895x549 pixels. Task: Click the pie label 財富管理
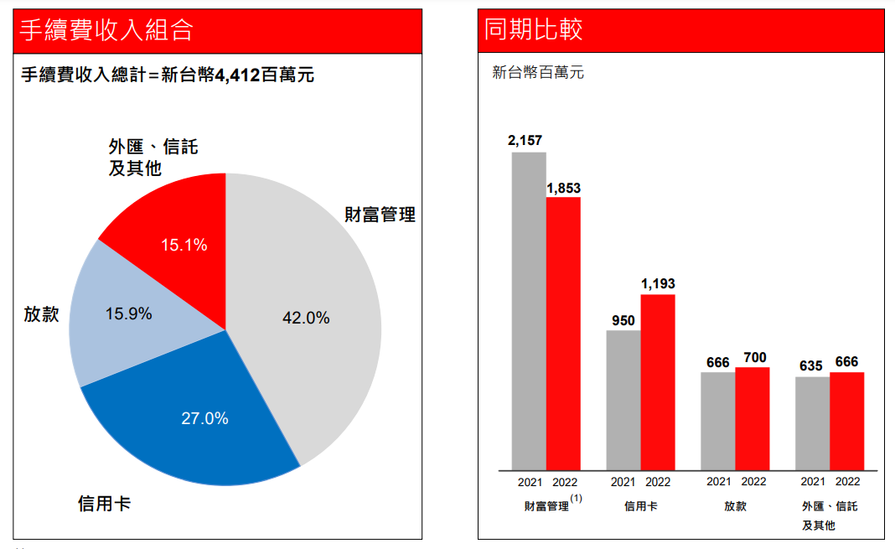coord(380,215)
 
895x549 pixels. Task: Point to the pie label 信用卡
coord(104,504)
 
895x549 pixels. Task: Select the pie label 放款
coord(41,314)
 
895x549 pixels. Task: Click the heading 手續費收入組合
coord(107,31)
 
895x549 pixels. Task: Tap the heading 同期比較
coord(534,31)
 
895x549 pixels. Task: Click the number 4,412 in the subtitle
coord(237,75)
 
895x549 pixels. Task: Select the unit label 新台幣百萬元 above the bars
coord(538,73)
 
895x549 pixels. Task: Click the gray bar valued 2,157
coord(529,310)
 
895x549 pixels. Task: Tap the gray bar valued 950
coord(623,400)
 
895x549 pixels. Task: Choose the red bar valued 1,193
coord(658,382)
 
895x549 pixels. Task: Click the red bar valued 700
coord(752,418)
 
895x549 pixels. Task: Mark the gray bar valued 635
coord(812,423)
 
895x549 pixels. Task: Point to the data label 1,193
coord(658,284)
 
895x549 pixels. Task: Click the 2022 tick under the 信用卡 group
coord(658,482)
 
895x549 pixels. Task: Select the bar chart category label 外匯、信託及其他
coord(830,515)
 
